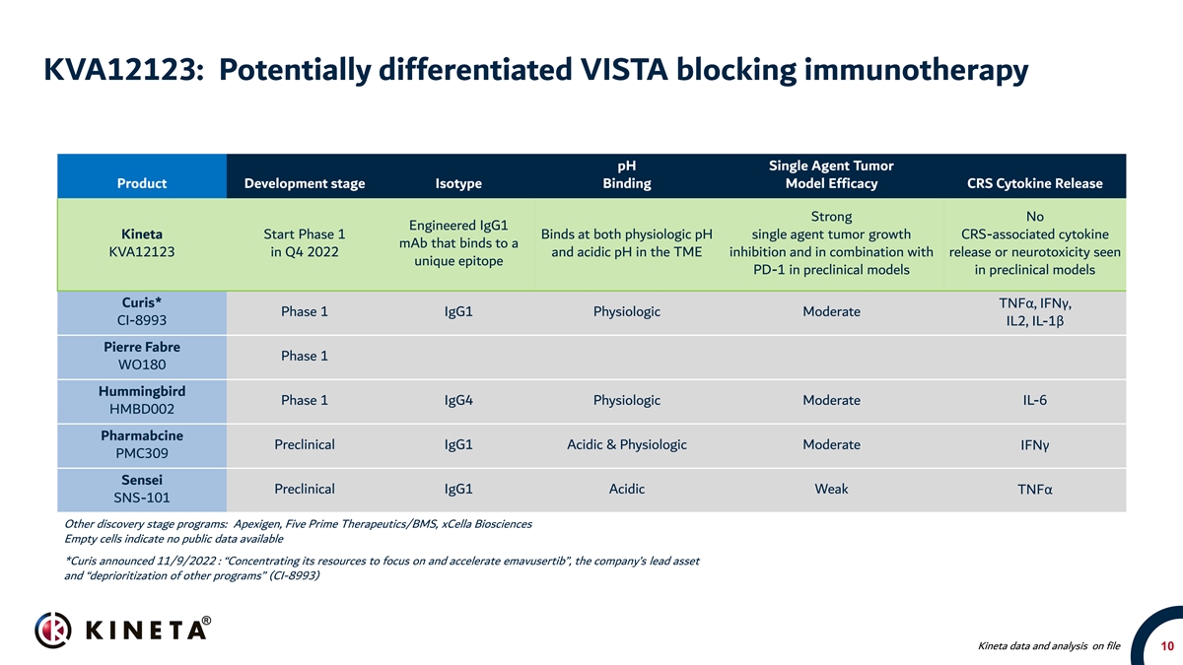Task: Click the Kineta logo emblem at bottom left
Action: point(53,630)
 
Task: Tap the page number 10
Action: point(1166,646)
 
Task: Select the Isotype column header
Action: point(458,183)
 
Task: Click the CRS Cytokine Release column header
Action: point(1034,183)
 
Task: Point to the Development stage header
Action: point(305,183)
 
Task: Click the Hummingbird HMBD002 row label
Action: point(142,400)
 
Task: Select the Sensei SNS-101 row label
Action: point(142,489)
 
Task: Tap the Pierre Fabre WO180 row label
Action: point(142,356)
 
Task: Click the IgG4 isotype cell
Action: point(458,400)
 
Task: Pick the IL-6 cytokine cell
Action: point(1034,400)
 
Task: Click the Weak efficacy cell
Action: point(831,489)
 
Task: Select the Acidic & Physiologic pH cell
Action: point(627,444)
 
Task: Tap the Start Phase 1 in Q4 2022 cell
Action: point(305,242)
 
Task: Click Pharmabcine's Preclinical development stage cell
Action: point(305,444)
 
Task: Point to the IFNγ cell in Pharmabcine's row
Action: point(1034,445)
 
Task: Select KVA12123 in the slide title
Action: point(120,70)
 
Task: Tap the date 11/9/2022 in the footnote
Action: point(186,561)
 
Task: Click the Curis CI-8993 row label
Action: point(142,311)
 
